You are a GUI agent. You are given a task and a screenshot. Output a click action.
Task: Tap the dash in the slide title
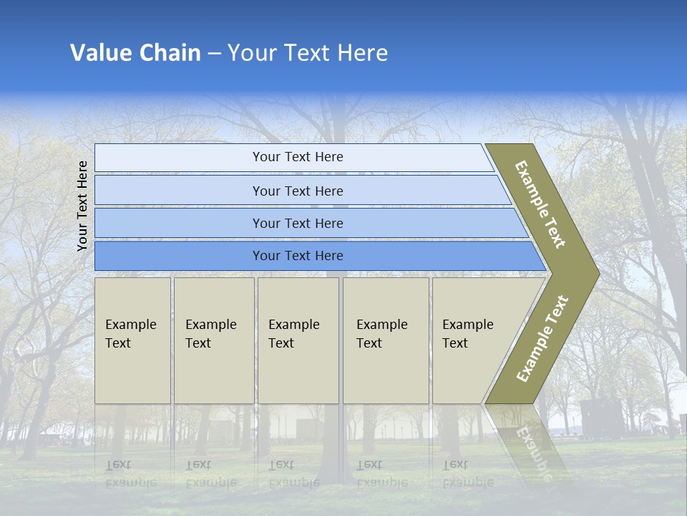(214, 54)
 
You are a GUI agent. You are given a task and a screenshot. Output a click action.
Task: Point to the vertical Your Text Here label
(82, 206)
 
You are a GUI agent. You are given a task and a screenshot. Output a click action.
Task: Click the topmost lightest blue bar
(297, 158)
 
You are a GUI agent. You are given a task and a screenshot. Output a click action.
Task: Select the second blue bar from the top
(297, 191)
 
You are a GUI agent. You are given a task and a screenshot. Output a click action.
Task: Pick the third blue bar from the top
(297, 223)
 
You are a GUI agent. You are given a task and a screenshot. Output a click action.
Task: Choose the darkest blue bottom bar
(297, 256)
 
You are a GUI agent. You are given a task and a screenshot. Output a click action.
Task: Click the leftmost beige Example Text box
(132, 340)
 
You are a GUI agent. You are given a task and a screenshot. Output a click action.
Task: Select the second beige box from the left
(213, 340)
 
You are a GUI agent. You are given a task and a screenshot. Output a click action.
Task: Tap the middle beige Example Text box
(298, 340)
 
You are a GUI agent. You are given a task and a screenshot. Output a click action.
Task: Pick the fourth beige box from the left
(385, 340)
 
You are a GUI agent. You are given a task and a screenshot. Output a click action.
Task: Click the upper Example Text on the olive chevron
(540, 204)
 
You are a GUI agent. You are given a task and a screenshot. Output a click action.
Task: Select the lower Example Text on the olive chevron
(542, 338)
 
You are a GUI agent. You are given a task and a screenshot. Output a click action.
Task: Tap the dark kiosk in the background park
(601, 419)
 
